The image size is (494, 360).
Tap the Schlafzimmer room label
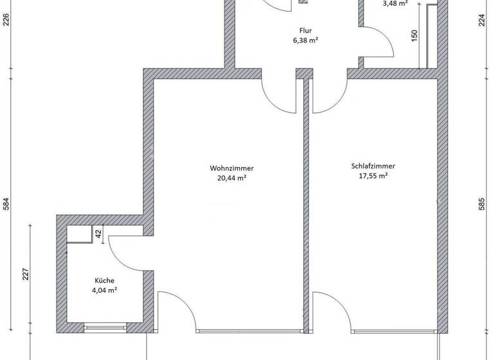(372, 165)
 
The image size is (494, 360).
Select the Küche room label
(104, 280)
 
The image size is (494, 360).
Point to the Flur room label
(306, 30)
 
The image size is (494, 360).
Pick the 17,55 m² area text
(372, 175)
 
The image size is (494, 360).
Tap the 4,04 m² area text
(104, 290)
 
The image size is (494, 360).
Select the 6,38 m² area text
(306, 40)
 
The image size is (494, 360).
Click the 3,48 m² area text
(395, 3)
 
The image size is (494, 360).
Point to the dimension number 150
(415, 37)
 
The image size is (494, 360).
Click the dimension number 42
(98, 234)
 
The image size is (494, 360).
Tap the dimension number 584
(6, 204)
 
